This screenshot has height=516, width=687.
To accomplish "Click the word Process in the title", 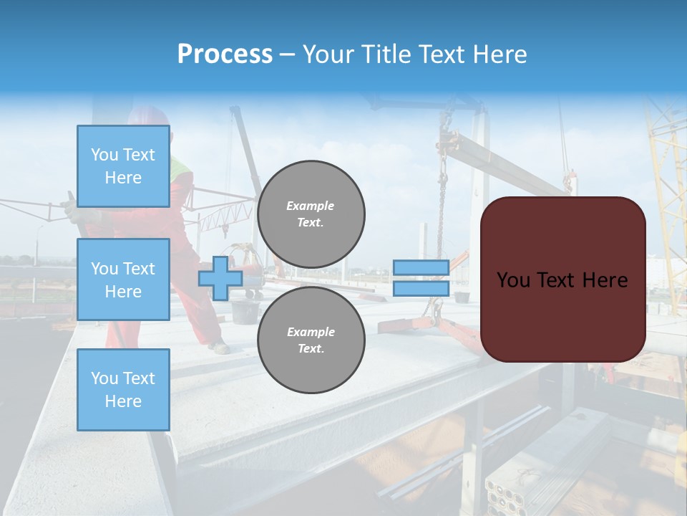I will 225,54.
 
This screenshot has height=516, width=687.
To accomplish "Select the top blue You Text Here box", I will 123,166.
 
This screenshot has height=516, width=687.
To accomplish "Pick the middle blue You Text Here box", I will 123,279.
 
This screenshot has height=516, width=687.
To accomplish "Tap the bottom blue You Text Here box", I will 123,390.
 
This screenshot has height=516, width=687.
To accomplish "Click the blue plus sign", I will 220,278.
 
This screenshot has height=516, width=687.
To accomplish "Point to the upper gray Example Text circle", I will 311,214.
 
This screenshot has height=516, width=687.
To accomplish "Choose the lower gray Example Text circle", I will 311,340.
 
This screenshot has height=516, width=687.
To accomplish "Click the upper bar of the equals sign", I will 421,267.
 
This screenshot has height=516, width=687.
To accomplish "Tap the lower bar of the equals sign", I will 421,289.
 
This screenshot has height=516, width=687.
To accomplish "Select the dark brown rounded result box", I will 562,279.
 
